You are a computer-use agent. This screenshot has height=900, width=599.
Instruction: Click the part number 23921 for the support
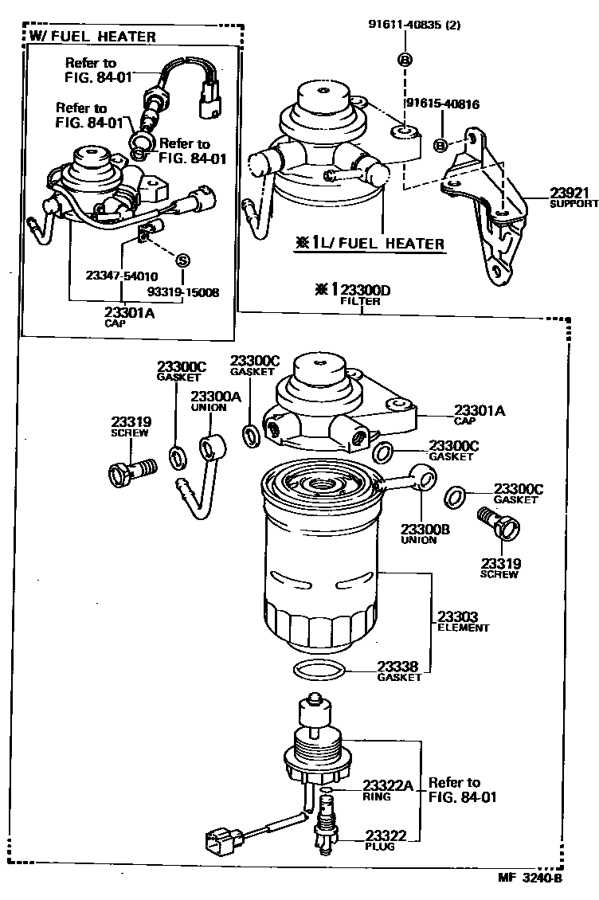click(568, 194)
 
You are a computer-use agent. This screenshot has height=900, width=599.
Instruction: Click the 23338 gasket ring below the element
click(320, 669)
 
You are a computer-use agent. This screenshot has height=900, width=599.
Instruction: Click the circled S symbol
click(182, 260)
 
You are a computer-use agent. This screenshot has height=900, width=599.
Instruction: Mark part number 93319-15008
click(188, 292)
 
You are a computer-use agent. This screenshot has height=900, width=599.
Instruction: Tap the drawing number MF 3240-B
click(530, 880)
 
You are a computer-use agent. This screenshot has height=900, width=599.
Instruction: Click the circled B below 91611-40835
click(404, 61)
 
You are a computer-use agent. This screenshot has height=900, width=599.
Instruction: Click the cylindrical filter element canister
click(319, 565)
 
